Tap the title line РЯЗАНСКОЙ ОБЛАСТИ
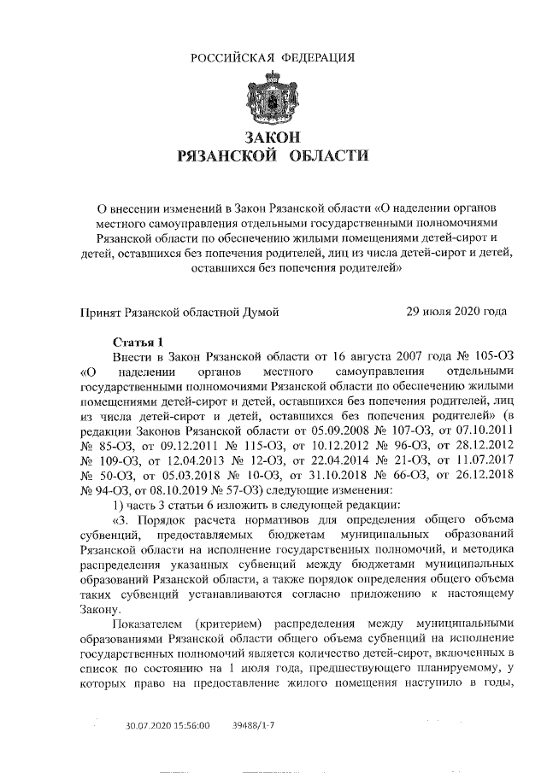pyautogui.click(x=272, y=156)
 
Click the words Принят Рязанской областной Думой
pyautogui.click(x=179, y=312)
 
